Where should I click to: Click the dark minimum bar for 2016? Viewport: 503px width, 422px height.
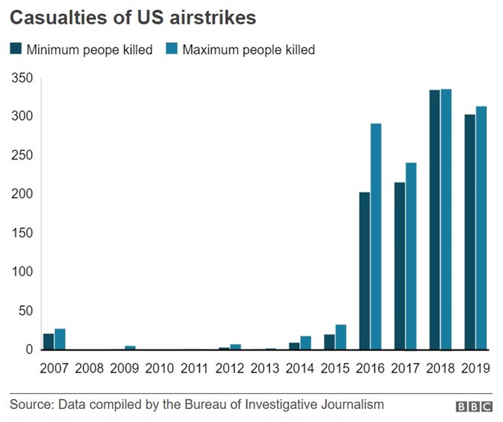coord(364,271)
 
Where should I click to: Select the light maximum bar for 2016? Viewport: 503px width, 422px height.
coord(376,237)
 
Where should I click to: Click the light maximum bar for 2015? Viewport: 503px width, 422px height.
coord(341,337)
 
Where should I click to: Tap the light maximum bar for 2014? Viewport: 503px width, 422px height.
coord(306,343)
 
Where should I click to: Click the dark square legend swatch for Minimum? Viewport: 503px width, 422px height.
coord(16,50)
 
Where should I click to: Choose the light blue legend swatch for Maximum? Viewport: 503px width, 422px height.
coord(171,50)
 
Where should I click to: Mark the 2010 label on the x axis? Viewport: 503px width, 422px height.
coord(159,368)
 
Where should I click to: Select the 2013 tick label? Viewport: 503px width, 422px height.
coord(264,368)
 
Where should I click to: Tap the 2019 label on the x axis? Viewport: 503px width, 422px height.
coord(475,368)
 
